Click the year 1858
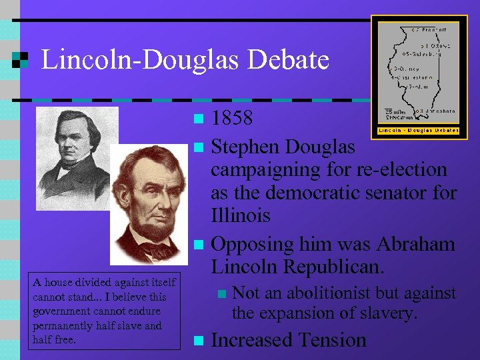[232, 119]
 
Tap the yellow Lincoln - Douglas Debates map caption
[418, 130]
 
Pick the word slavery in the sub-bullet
[383, 312]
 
